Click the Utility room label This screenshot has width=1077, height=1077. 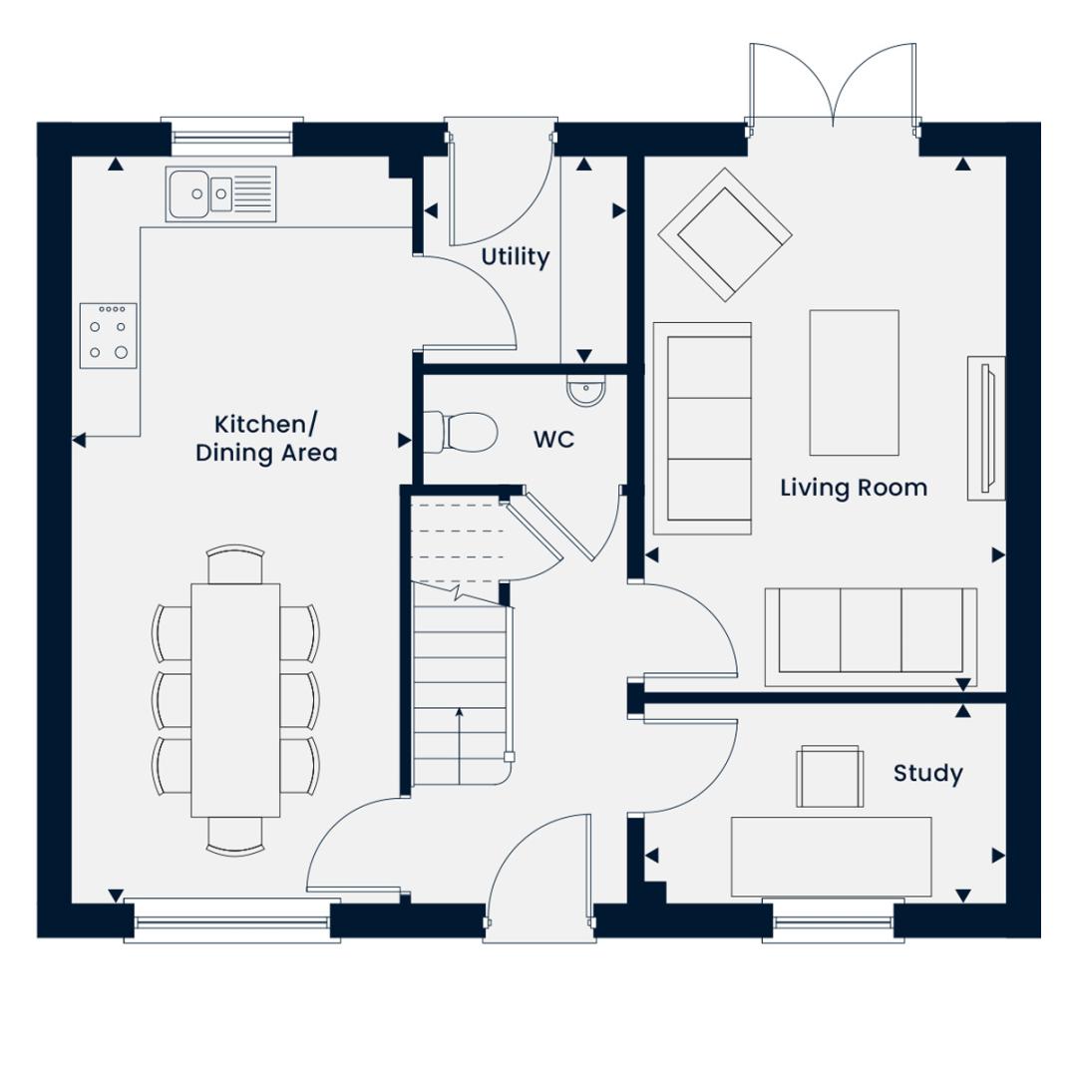tap(516, 257)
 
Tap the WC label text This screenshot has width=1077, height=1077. tap(553, 440)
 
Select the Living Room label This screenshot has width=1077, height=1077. tap(854, 488)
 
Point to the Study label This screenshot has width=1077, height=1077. tap(928, 774)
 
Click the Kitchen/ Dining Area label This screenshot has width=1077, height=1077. tap(266, 439)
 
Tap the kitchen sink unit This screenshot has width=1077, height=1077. tap(220, 193)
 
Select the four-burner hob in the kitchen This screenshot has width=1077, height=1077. tap(109, 336)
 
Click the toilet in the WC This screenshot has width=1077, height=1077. tap(460, 432)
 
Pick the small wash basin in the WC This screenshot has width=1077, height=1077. tap(586, 391)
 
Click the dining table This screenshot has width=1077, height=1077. tap(235, 700)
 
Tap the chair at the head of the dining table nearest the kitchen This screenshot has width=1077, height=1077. tap(235, 563)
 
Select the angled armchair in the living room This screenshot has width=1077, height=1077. tap(725, 235)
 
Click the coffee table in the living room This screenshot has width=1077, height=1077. tap(854, 383)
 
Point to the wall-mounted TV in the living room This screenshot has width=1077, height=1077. tap(986, 428)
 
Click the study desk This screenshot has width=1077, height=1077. tap(831, 857)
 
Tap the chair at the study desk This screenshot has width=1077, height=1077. tap(830, 776)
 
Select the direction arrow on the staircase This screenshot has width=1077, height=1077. tap(459, 746)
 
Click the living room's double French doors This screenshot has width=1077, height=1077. tap(833, 86)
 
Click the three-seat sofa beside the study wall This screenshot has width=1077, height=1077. tap(871, 636)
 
